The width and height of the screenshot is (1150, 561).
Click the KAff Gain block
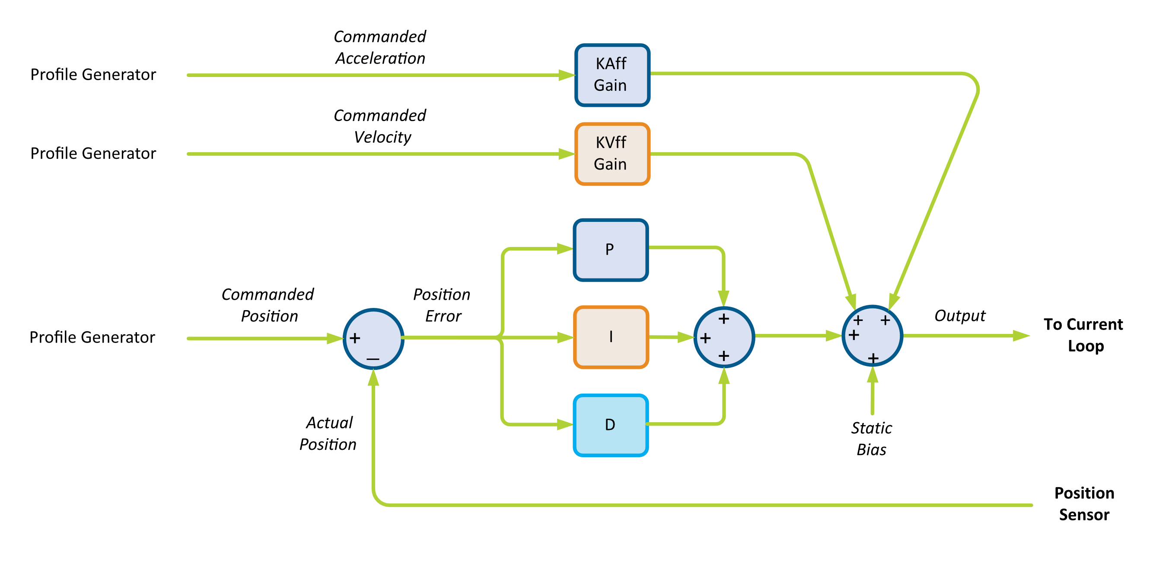click(x=612, y=75)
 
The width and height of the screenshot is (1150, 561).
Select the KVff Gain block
click(x=612, y=154)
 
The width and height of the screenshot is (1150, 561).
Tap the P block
click(x=610, y=250)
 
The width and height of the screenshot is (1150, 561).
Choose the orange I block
click(x=610, y=337)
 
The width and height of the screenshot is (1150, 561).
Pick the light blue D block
click(x=610, y=425)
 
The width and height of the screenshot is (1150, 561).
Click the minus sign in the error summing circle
click(x=373, y=359)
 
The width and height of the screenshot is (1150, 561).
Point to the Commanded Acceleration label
click(x=380, y=47)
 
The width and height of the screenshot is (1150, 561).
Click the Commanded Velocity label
click(x=380, y=126)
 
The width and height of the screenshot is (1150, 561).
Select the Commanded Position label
click(x=268, y=305)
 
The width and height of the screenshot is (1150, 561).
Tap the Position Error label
click(x=442, y=305)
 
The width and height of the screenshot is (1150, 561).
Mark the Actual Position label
click(x=328, y=433)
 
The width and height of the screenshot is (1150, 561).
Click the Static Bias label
click(x=871, y=439)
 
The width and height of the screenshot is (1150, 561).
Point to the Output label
click(x=959, y=316)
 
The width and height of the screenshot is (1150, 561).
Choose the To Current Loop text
click(x=1083, y=335)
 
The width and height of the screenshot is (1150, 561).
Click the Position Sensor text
click(x=1084, y=504)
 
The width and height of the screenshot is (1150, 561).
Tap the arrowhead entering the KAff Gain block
click(x=566, y=75)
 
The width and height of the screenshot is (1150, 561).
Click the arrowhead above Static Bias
click(x=872, y=375)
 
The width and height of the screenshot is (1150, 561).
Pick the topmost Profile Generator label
click(x=93, y=74)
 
